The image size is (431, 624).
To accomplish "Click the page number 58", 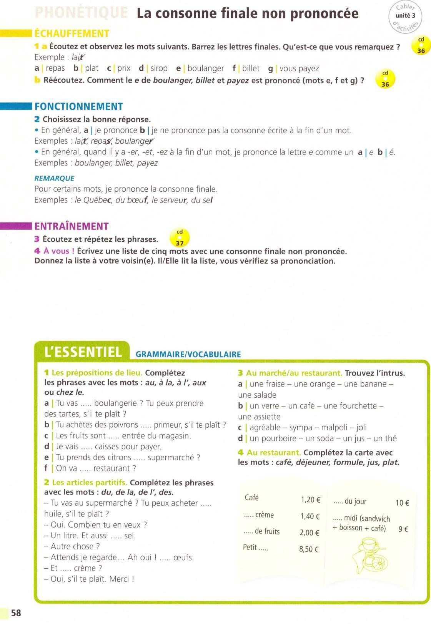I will [16, 612].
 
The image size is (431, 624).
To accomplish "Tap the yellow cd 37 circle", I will [180, 238].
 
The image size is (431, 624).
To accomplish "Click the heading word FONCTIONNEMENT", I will [79, 106].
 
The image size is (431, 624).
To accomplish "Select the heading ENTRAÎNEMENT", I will [72, 226].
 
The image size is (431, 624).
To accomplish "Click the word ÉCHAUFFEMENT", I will [72, 33].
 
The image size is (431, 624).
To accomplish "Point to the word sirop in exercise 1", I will [159, 68].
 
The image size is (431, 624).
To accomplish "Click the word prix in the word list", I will [124, 68].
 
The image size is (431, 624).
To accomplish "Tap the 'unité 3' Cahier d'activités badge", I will [405, 17].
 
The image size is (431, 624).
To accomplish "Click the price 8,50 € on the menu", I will [309, 549].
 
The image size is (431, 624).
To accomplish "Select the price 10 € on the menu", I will [402, 503].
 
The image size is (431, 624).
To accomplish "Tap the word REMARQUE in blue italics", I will [54, 178].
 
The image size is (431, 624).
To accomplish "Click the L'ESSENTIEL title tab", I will [83, 352].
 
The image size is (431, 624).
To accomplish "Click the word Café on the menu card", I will [251, 498].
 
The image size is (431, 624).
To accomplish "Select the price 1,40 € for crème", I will [310, 516].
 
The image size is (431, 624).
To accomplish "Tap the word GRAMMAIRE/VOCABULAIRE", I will [188, 354].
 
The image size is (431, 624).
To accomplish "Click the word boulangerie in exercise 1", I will [115, 403].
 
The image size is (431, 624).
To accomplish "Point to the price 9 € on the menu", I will [403, 529].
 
